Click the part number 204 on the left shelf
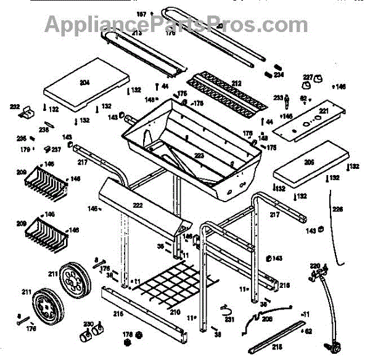85,82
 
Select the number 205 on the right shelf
309,162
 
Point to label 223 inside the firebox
199,156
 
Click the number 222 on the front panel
138,205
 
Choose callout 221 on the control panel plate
323,112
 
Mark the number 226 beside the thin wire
337,208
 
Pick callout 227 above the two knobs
308,77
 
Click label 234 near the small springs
279,75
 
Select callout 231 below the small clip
229,319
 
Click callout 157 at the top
141,14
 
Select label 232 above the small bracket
15,106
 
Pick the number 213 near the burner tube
136,33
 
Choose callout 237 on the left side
56,149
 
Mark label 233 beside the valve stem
278,97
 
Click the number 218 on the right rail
284,285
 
